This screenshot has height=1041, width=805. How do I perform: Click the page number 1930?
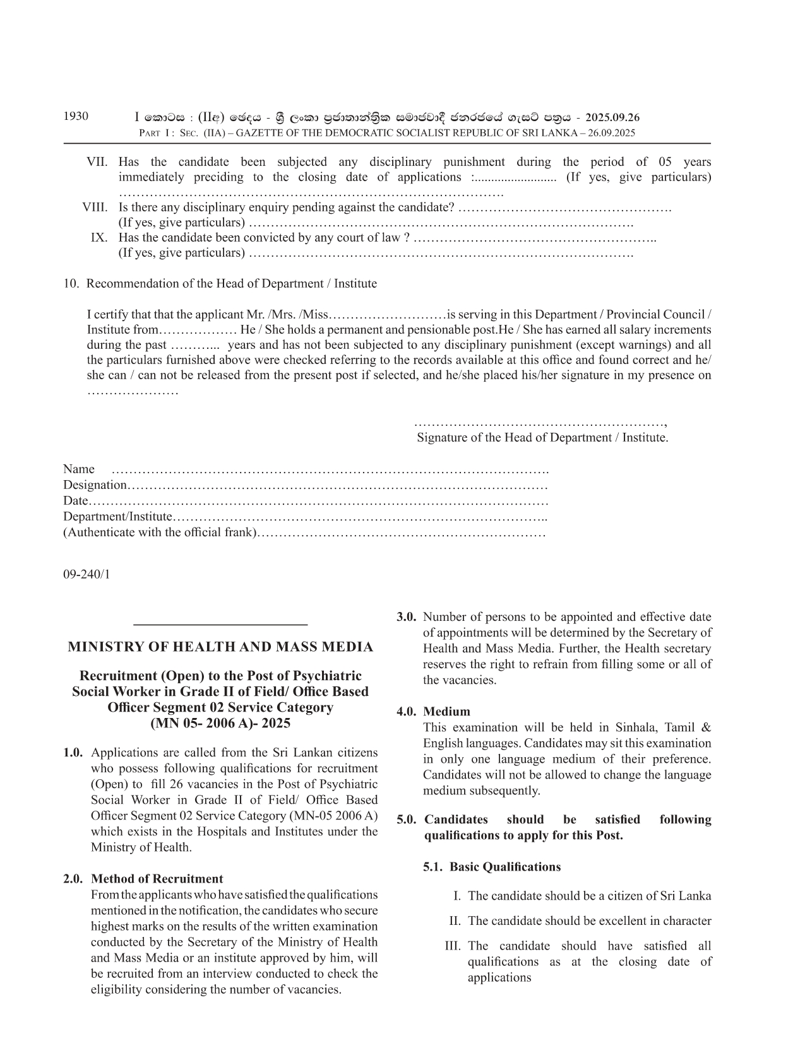pos(76,116)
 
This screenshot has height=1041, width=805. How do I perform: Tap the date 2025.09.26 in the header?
pos(612,117)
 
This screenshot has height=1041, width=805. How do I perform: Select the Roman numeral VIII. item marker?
pos(95,207)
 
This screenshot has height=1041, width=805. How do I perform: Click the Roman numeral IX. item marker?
pos(99,237)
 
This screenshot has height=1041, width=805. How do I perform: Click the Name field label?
pos(79,469)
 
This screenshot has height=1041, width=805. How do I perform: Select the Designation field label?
pos(95,485)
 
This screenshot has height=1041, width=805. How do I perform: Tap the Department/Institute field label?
pos(117,516)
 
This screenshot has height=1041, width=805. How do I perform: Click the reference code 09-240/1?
pos(86,574)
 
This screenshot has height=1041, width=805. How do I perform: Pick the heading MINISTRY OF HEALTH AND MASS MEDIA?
pos(220,647)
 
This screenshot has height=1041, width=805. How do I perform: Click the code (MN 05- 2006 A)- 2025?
pos(220,723)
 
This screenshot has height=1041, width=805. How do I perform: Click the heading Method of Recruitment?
pos(157,879)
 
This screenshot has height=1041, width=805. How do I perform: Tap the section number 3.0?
pos(407,617)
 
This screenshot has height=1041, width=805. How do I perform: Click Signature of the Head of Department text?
pos(542,437)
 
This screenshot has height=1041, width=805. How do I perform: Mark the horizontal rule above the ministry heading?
pos(220,625)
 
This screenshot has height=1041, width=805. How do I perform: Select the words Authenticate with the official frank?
pos(161,532)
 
